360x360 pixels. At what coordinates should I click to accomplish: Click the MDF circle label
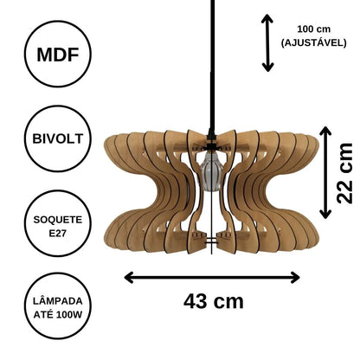pyautogui.click(x=58, y=54)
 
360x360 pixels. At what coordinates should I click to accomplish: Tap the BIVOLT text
pyautogui.click(x=58, y=138)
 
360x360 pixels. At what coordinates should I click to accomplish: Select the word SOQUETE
pyautogui.click(x=58, y=220)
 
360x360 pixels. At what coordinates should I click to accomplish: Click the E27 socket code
pyautogui.click(x=58, y=233)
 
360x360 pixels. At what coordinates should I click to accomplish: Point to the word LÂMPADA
pyautogui.click(x=58, y=301)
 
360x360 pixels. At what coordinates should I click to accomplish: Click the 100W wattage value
pyautogui.click(x=69, y=314)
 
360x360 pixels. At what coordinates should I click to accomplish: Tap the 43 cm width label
pyautogui.click(x=214, y=301)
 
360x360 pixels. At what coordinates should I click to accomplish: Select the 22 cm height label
pyautogui.click(x=345, y=173)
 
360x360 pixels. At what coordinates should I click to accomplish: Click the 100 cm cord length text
pyautogui.click(x=314, y=29)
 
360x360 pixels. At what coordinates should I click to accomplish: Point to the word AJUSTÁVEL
pyautogui.click(x=314, y=43)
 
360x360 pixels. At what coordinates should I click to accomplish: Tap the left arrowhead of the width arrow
pyautogui.click(x=129, y=278)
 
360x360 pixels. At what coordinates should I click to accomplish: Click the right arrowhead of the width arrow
pyautogui.click(x=295, y=278)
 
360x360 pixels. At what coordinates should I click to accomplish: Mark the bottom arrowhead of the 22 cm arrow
pyautogui.click(x=325, y=214)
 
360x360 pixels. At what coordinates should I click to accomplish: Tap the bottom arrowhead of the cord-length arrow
pyautogui.click(x=267, y=67)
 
